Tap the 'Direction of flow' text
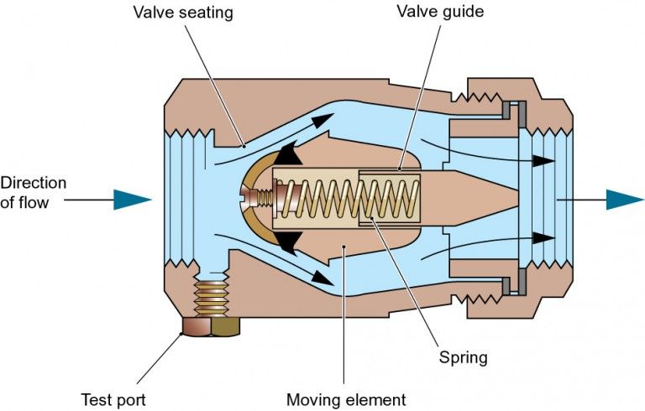34,192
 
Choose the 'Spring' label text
463,357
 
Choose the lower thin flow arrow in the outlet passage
487,246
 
